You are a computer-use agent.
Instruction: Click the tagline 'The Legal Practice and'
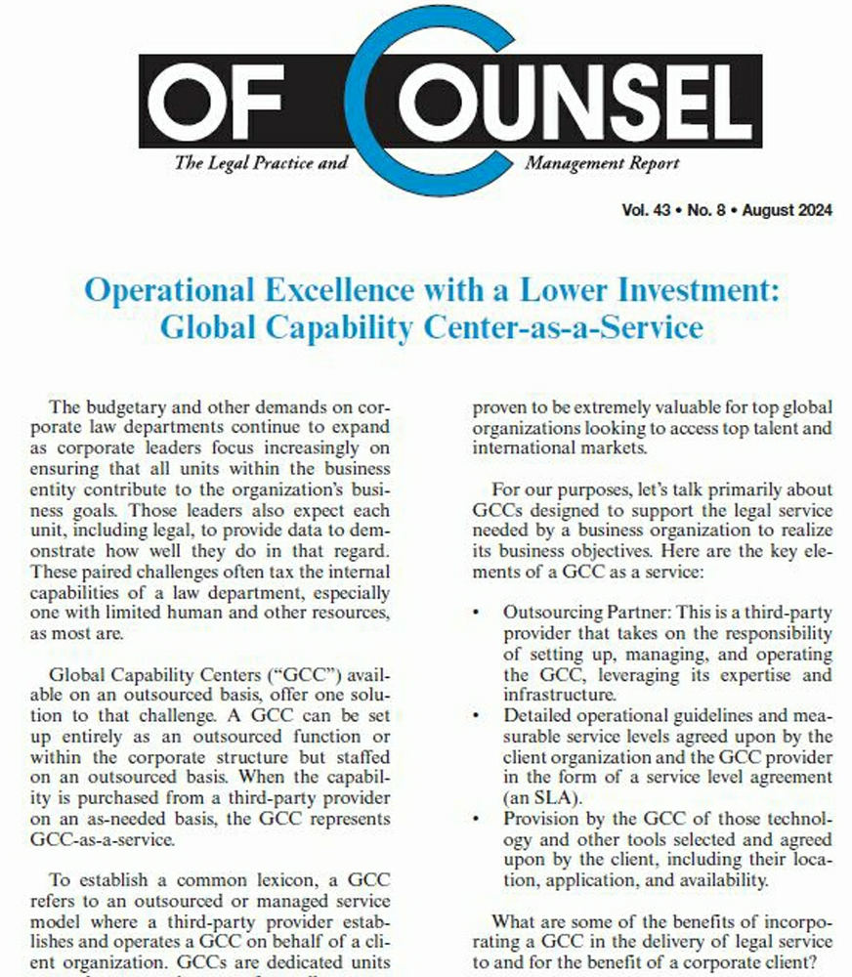261,163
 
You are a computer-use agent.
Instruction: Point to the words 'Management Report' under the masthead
602,163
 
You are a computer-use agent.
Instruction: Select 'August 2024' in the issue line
788,211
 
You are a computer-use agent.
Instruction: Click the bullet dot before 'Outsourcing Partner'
476,613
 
